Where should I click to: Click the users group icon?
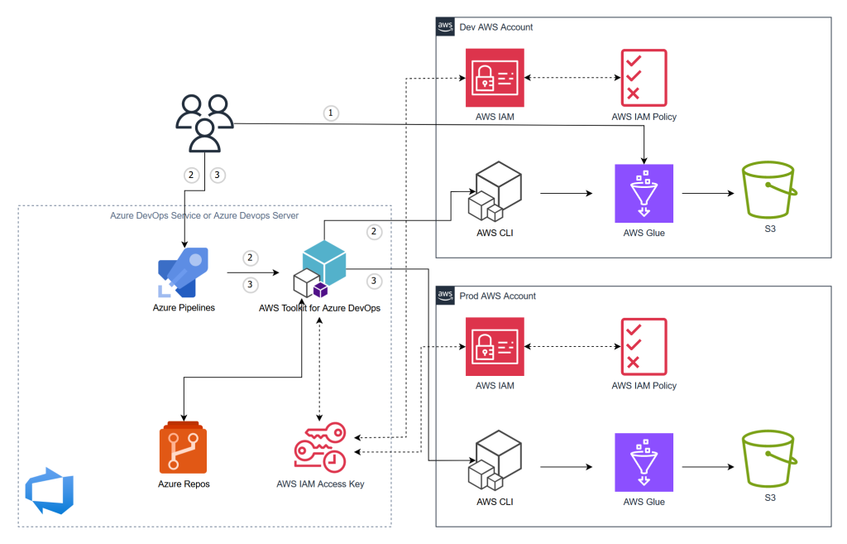click(x=204, y=123)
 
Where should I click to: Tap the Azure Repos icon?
click(x=184, y=446)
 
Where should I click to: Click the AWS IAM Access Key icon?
click(x=320, y=448)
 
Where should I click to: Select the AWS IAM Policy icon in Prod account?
click(x=644, y=347)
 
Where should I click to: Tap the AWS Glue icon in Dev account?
click(x=644, y=194)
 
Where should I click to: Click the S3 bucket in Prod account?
click(x=769, y=460)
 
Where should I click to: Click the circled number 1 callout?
click(x=332, y=113)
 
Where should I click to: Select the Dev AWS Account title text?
click(x=495, y=27)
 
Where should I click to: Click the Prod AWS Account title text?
click(x=497, y=296)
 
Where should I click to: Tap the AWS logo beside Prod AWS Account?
click(x=445, y=296)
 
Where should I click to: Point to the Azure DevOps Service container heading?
click(x=204, y=215)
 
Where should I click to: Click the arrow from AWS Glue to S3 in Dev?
click(x=708, y=195)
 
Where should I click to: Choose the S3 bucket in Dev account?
click(x=769, y=191)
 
